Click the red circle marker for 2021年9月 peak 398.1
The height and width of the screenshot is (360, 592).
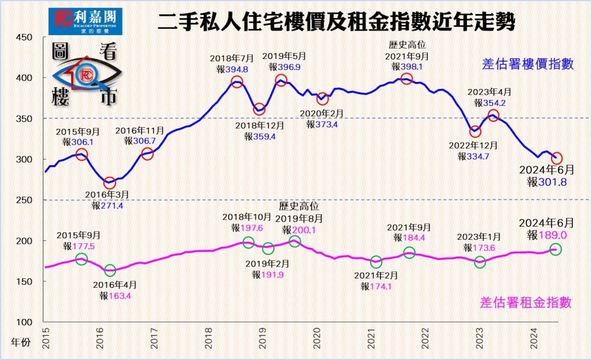[x=406, y=79]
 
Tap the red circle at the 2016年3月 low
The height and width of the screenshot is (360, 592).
[x=110, y=183]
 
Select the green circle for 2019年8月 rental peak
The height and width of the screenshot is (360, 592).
[x=295, y=240]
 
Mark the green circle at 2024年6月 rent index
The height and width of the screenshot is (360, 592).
[x=555, y=249]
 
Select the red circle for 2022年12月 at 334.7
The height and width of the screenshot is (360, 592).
[x=475, y=132]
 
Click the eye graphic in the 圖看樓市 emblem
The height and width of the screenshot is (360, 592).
[x=87, y=75]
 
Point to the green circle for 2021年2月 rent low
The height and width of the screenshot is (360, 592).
[x=376, y=262]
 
